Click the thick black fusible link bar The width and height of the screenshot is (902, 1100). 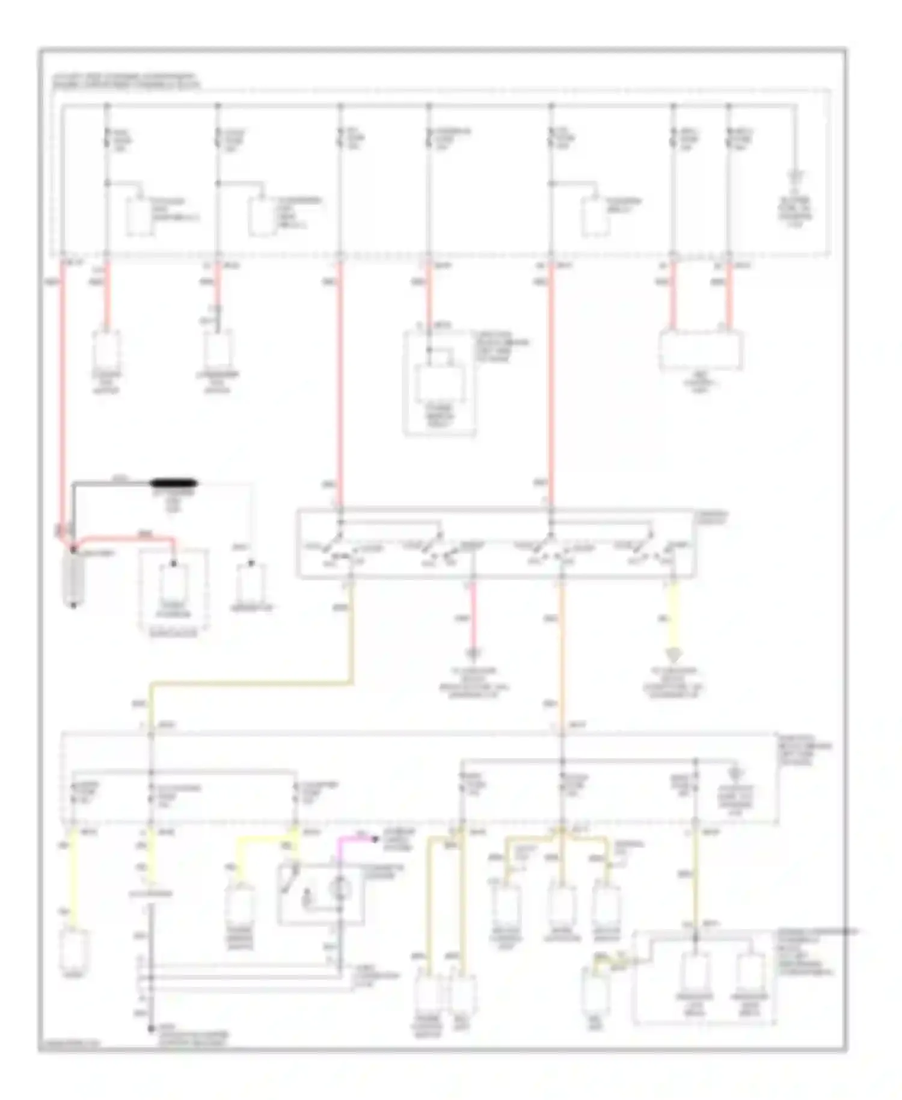[x=175, y=483]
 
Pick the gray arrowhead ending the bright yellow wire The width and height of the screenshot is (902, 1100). [x=672, y=655]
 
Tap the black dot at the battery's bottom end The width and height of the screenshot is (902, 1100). [x=73, y=605]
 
